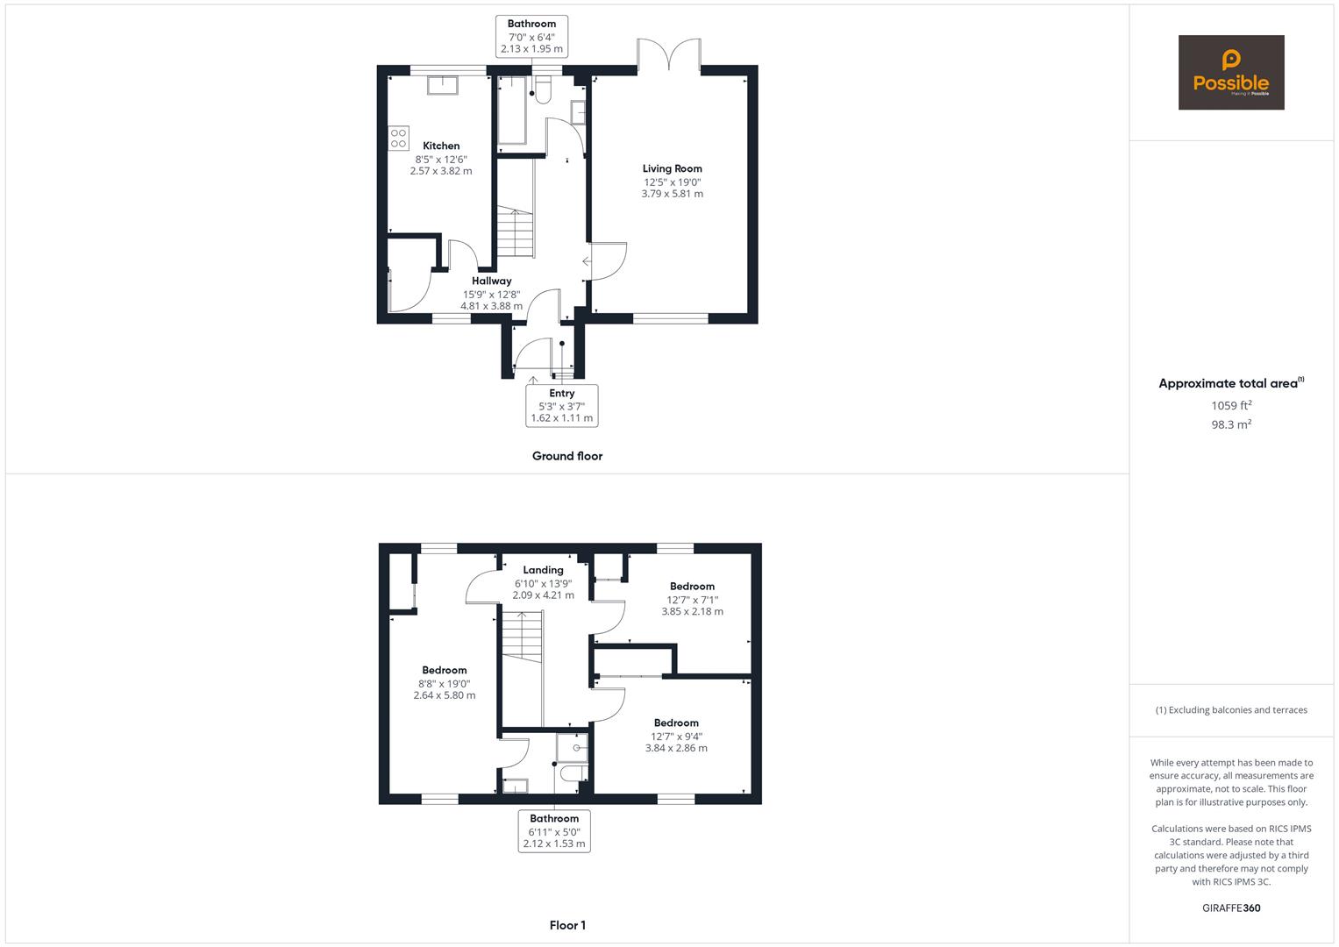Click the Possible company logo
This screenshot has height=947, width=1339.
[1230, 73]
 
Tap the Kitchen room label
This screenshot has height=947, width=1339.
[441, 146]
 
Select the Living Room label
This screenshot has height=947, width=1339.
[672, 168]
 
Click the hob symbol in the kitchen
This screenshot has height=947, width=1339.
[398, 138]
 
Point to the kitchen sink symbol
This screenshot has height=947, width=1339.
[443, 84]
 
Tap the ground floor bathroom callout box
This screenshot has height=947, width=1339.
[531, 37]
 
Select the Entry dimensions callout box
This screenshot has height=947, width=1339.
[562, 406]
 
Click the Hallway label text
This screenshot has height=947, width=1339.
[491, 281]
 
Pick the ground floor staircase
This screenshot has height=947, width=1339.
[516, 233]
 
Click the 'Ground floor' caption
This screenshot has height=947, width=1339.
[567, 456]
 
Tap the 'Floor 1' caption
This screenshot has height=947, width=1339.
[567, 925]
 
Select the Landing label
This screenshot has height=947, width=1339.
[543, 570]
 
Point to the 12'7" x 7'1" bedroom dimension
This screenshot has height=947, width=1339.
[692, 599]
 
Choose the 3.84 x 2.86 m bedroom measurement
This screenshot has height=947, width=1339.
[676, 748]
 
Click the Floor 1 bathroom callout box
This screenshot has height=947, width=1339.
[554, 831]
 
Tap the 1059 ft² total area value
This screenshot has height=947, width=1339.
[1231, 405]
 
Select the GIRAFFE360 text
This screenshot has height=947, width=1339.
[1231, 908]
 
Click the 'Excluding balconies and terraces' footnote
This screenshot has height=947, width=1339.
[1231, 710]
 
